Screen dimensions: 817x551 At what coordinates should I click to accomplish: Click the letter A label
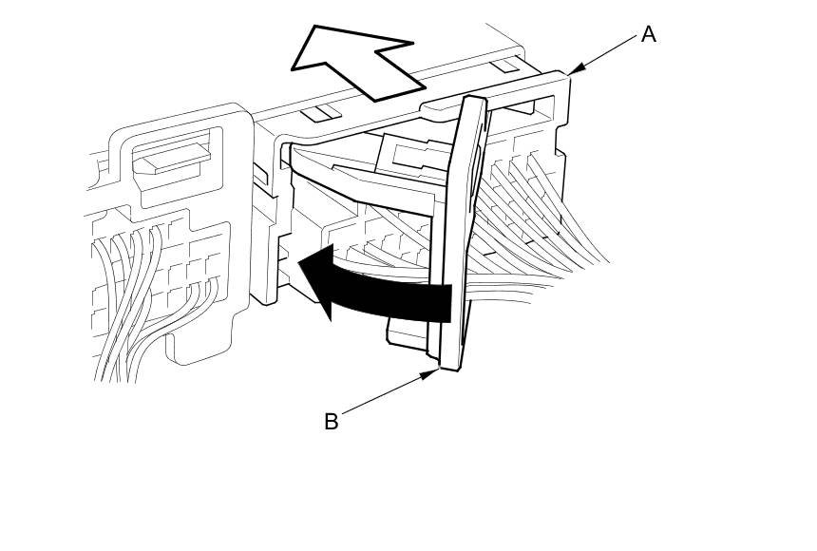[649, 35]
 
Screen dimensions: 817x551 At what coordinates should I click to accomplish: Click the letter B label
[331, 422]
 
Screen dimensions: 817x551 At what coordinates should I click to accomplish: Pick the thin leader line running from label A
[608, 51]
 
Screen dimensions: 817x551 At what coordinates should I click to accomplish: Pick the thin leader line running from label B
[385, 394]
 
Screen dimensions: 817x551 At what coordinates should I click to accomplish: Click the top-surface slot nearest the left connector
[321, 113]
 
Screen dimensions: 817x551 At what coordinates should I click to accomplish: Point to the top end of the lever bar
[474, 103]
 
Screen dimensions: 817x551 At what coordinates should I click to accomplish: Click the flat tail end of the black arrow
[448, 302]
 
